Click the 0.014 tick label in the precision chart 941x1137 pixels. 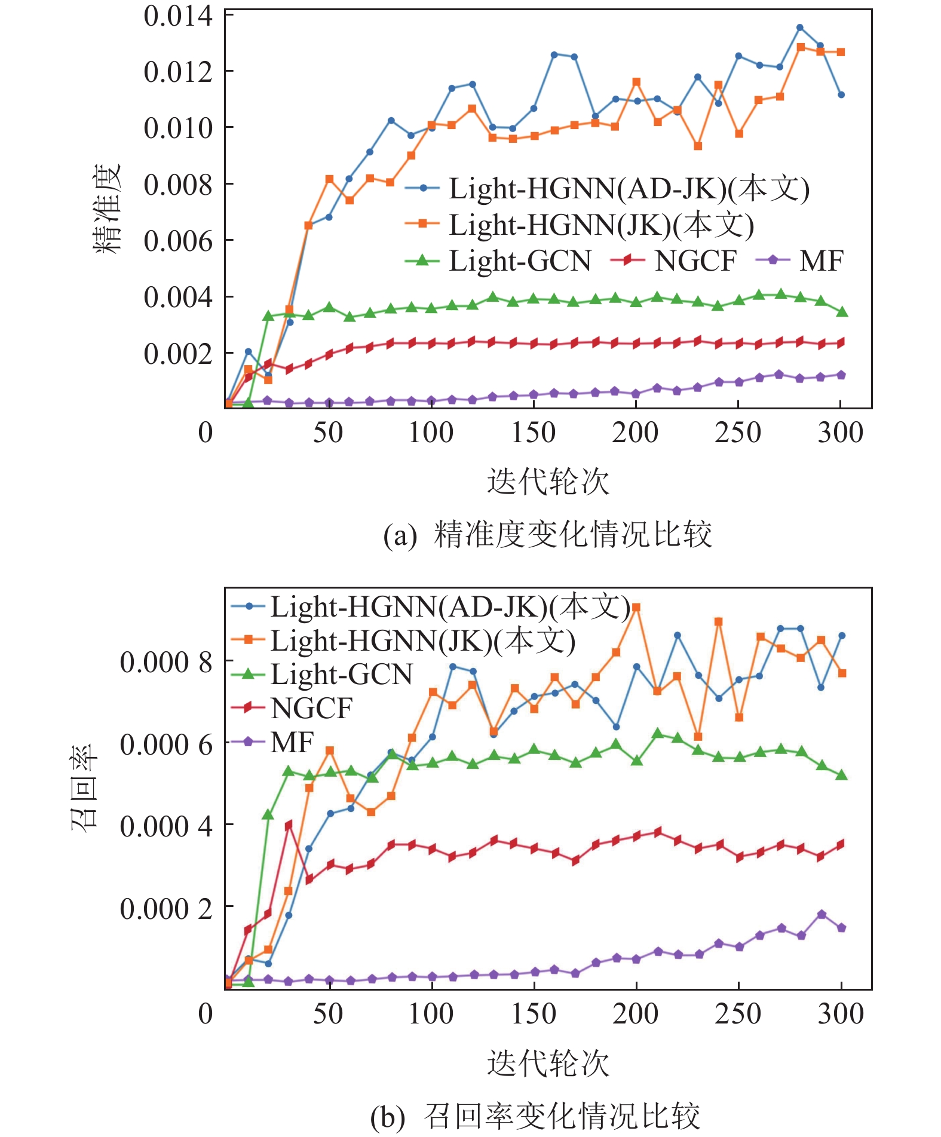pos(178,16)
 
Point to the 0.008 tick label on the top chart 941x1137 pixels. pos(178,185)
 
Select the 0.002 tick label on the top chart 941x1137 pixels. pos(178,354)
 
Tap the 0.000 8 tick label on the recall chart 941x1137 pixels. pos(165,662)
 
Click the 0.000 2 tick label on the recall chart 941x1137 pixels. pos(165,909)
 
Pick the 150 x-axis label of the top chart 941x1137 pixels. pos(533,433)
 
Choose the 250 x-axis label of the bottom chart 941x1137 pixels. pos(738,1014)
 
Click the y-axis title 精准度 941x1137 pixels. pos(108,209)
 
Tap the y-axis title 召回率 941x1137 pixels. pos(84,787)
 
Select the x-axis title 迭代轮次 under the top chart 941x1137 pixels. pos(548,482)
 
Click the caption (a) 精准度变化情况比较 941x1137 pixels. pos(548,534)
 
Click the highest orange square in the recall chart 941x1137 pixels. pos(636,608)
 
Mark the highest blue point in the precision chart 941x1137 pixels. pos(800,27)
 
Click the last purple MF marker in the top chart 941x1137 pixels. pos(841,375)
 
